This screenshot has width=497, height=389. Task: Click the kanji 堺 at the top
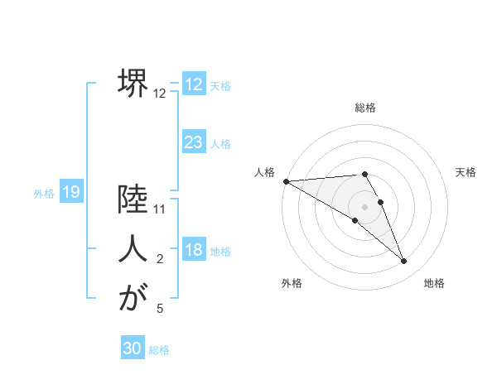pos(133,83)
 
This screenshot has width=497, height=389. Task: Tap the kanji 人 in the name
pos(133,249)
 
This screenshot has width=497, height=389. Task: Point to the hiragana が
pos(133,298)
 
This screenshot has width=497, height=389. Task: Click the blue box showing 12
pos(194,84)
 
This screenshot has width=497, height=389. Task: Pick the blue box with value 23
pos(194,142)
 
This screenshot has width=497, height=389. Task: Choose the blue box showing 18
pos(194,250)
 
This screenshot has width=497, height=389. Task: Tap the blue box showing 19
pos(71,192)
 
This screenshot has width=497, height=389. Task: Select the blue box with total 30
pos(133,348)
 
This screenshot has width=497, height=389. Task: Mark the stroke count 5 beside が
pos(160,309)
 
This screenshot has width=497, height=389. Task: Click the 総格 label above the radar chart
pos(365,108)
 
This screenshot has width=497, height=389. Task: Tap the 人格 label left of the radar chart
pos(264,172)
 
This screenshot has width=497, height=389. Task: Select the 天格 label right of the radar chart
pos(466,172)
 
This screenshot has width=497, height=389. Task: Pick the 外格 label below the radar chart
pos(292,283)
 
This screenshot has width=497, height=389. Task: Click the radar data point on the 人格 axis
pos(286,181)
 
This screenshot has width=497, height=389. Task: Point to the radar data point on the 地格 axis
pos(404,261)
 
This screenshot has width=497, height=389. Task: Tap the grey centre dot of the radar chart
pos(365,206)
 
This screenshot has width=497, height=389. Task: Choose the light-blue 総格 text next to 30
pos(159,350)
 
